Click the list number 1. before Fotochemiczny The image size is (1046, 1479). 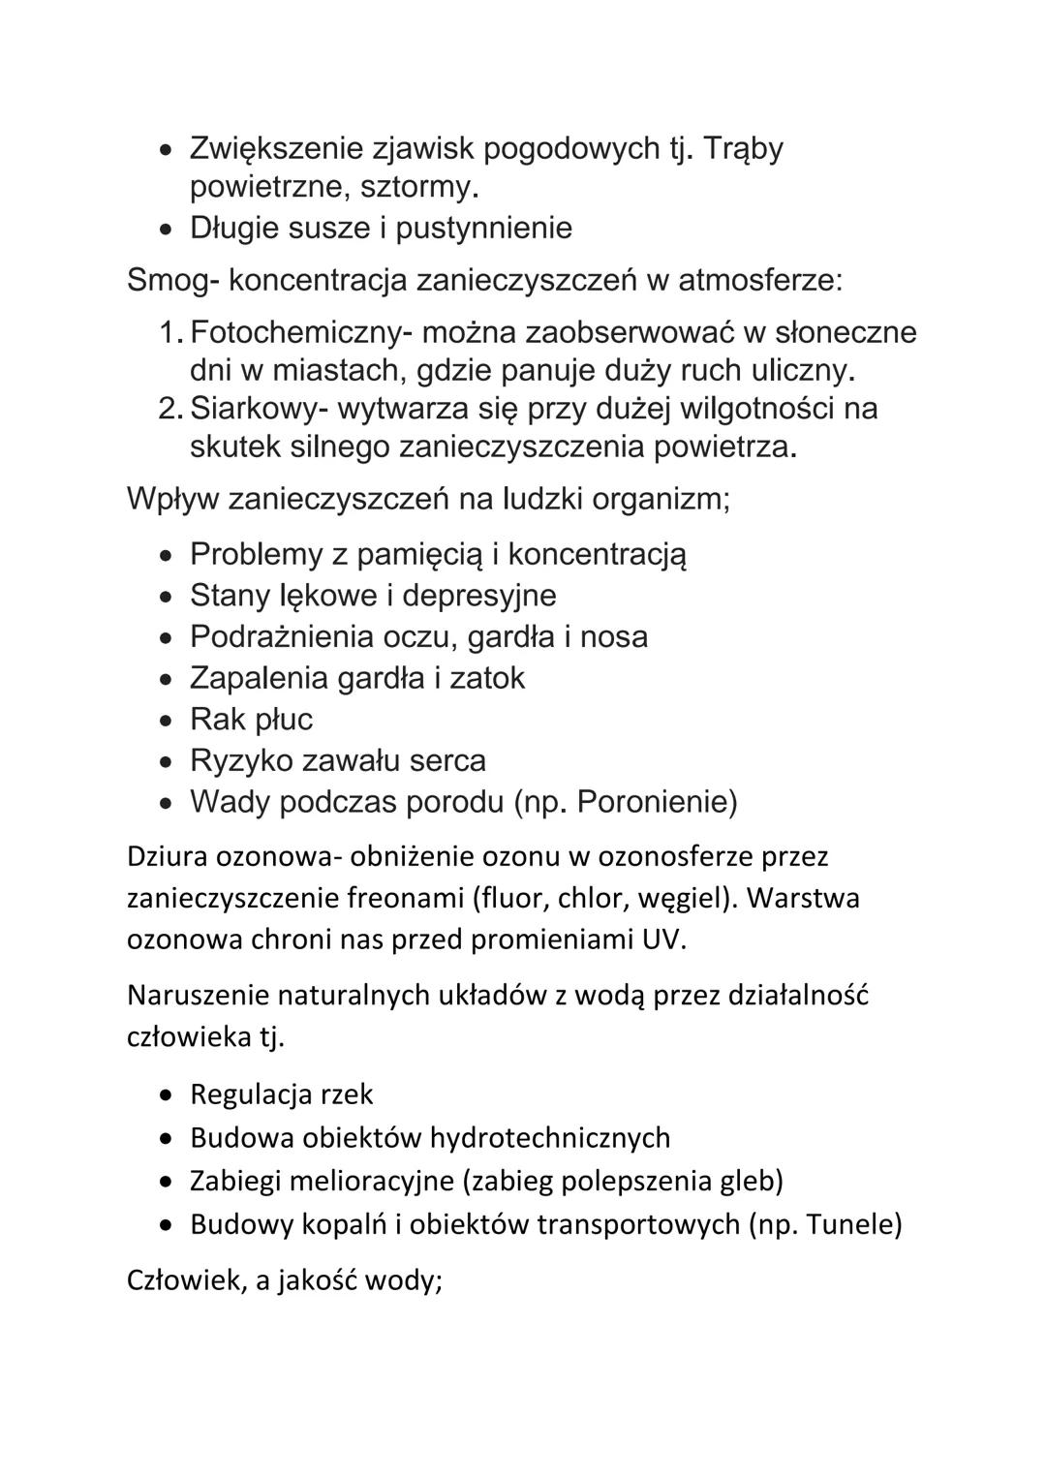click(170, 332)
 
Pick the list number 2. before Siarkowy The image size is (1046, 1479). click(170, 409)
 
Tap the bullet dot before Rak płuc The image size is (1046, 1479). click(168, 721)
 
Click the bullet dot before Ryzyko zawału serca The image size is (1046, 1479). click(168, 761)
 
